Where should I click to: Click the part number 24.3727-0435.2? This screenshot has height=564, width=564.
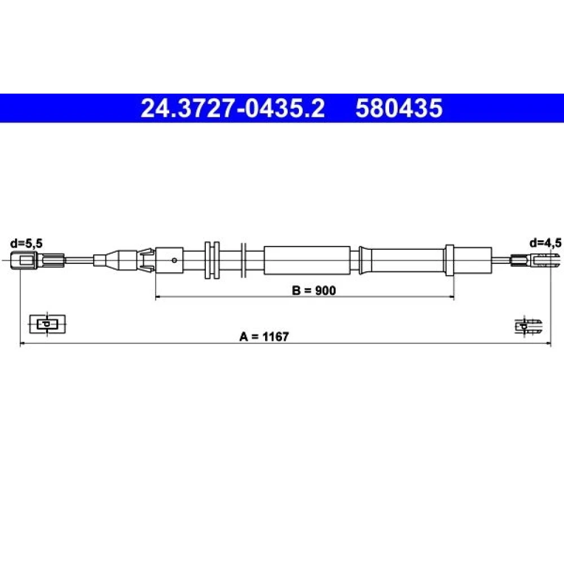pos(233,108)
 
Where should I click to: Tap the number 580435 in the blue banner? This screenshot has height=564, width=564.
pos(399,108)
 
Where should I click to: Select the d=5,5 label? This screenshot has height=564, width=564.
pos(27,244)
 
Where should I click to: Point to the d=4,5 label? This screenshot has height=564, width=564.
pos(545,243)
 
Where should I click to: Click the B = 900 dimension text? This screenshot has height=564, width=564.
pos(314,290)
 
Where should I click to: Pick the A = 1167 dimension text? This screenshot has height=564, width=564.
pos(264,337)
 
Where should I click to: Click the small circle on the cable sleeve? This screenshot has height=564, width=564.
pos(174,261)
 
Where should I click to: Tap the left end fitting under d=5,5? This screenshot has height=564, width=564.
pos(37,260)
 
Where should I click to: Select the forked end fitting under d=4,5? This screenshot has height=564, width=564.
pos(535,260)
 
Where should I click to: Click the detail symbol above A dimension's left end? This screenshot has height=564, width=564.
pos(47,324)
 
